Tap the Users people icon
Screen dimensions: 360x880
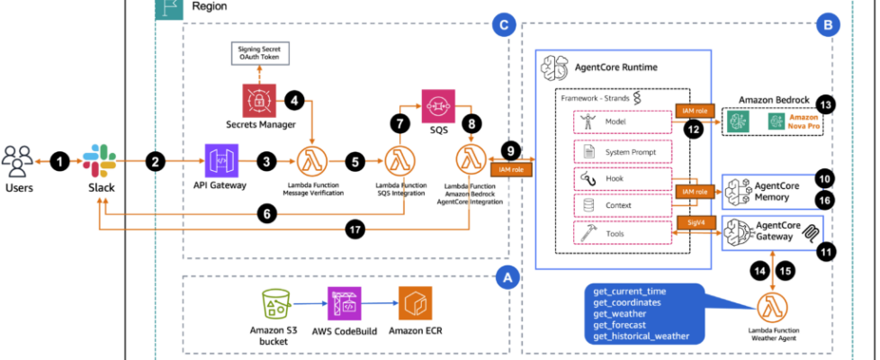pos(20,162)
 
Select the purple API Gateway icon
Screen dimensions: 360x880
pos(220,162)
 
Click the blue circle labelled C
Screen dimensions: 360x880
pos(506,27)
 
